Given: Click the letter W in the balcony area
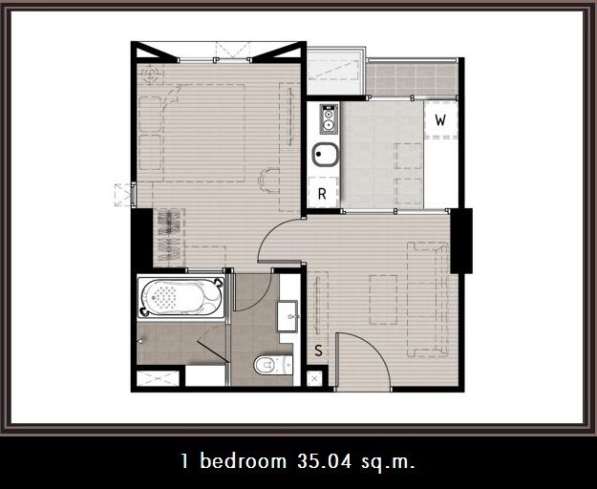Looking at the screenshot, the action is [440, 120].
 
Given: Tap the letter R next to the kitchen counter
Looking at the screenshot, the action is [322, 194].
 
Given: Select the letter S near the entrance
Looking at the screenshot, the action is [318, 351].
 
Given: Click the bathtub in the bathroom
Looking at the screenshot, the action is [181, 298].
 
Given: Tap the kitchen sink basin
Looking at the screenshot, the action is [325, 155].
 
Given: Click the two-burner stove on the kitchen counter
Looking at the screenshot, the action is [329, 118].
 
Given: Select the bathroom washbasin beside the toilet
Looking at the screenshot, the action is [288, 316].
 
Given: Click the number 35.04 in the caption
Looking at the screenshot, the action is [324, 461].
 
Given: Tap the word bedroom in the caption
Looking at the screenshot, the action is [244, 461].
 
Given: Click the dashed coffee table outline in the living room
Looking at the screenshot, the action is [383, 300].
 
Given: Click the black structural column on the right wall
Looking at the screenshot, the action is [461, 241].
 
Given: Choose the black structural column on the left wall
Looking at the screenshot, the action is [142, 238].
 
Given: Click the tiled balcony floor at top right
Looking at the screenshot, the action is [411, 80].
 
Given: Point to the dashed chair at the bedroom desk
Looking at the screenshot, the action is [268, 181].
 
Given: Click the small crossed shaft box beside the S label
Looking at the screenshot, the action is [314, 378].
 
